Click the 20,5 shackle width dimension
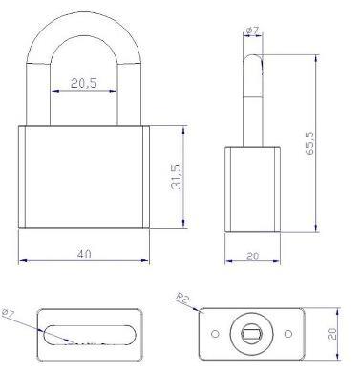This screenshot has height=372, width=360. [84, 84]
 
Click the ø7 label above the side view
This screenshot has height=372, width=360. [253, 31]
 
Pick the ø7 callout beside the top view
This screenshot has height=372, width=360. [10, 312]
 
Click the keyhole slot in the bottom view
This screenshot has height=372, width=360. [253, 333]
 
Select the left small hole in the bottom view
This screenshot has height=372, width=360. [215, 333]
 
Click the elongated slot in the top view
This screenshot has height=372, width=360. [84, 333]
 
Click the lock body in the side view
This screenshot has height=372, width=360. [252, 188]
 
